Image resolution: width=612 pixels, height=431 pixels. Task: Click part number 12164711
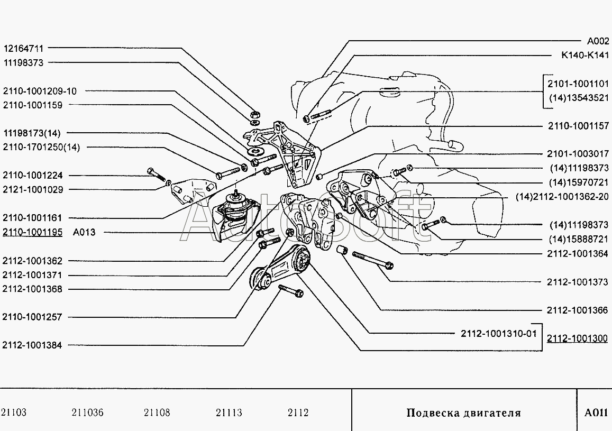coord(23,48)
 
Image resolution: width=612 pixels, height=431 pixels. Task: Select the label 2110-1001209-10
coord(40,91)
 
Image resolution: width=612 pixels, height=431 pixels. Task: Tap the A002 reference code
coord(598,41)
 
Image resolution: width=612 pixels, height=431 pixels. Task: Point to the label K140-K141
coord(584,55)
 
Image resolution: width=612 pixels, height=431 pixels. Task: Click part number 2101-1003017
coord(578,154)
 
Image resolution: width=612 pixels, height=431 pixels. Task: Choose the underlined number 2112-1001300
coord(577,338)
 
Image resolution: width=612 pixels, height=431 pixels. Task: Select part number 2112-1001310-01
coord(499,334)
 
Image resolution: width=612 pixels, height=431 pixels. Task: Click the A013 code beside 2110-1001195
coord(84,232)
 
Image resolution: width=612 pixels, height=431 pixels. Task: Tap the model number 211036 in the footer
coord(87,412)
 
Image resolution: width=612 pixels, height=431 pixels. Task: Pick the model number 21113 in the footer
coord(229,412)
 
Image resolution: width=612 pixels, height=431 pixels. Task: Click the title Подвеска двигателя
coord(464,412)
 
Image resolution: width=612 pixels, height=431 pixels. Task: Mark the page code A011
coord(596,412)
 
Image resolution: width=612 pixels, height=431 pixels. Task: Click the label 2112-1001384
coord(32,345)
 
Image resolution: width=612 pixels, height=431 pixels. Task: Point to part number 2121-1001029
coord(33,189)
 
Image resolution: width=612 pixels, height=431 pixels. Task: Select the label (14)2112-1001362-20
coord(562,197)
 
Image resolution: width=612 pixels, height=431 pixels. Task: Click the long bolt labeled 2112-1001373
coord(373,260)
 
